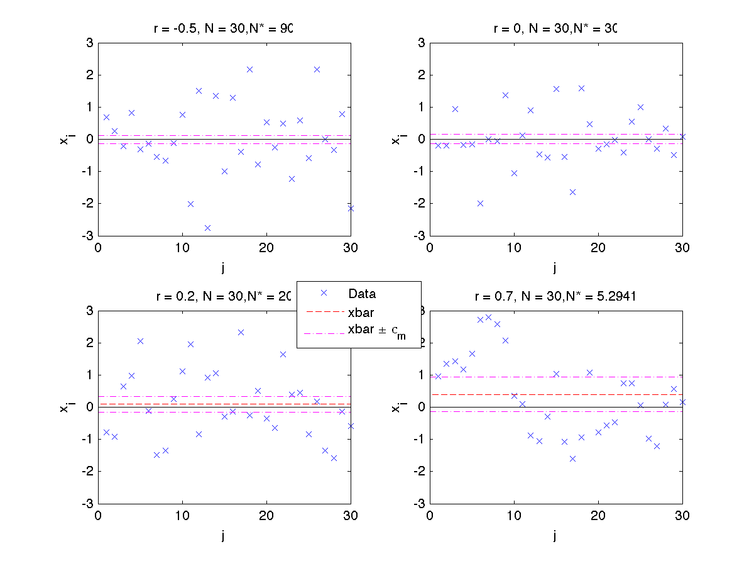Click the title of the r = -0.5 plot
click(x=224, y=28)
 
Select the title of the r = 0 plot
click(x=555, y=28)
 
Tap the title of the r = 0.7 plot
click(x=555, y=297)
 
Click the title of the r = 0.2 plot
click(x=224, y=297)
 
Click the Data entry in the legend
click(x=361, y=293)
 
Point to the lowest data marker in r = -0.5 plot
click(x=207, y=228)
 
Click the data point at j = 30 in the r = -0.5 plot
click(x=351, y=208)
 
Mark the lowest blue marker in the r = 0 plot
click(x=572, y=192)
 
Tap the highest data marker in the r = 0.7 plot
click(x=488, y=317)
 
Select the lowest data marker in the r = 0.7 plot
click(x=572, y=458)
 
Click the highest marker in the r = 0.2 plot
click(x=241, y=332)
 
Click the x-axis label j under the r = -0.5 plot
click(x=224, y=268)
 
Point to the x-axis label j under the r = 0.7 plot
click(x=555, y=536)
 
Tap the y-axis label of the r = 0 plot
click(x=396, y=139)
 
